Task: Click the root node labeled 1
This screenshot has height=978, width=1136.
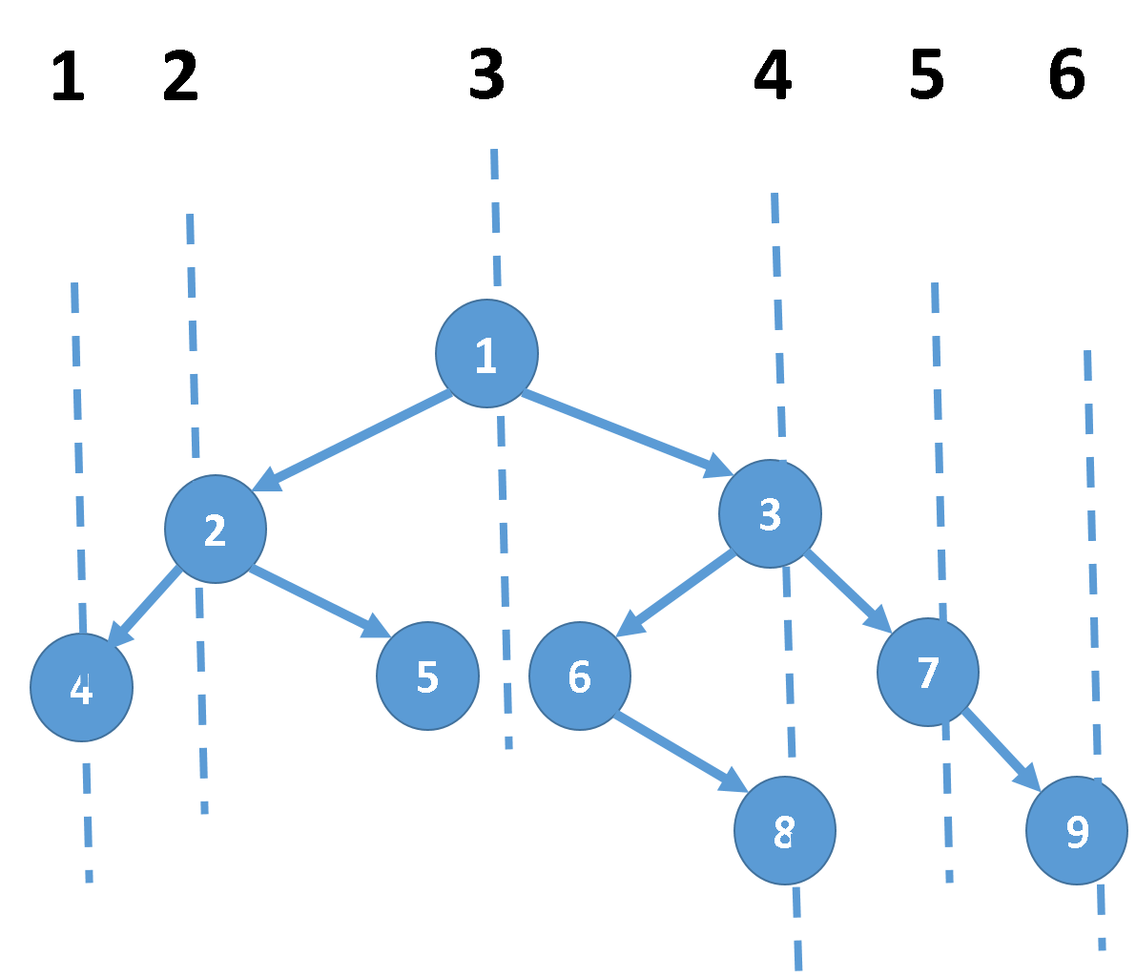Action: tap(486, 353)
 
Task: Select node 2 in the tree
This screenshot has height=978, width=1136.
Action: tap(216, 529)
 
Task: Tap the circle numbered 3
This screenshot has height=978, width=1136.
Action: tap(770, 513)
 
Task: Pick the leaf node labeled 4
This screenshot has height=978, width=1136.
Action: tap(81, 687)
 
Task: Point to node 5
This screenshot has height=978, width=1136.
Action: tap(427, 676)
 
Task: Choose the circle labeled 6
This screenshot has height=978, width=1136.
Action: tap(579, 676)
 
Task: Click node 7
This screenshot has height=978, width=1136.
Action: tap(927, 672)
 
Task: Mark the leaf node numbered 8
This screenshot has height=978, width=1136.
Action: tap(784, 830)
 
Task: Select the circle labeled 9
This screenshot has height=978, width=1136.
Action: tap(1076, 830)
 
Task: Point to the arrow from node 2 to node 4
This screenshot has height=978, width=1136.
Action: tap(144, 606)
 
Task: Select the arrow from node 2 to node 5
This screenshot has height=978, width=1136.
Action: tap(320, 602)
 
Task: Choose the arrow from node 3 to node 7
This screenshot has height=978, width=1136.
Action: tap(848, 592)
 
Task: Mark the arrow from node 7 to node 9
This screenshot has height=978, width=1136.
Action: tap(1001, 750)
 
